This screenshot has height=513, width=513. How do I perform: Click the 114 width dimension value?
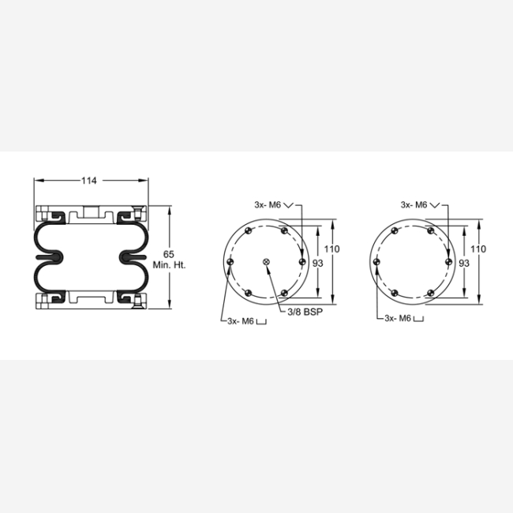(89, 181)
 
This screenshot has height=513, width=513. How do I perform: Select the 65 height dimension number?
(168, 254)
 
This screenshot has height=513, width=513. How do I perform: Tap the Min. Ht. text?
(169, 265)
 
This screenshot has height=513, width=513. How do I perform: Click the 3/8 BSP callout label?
(305, 312)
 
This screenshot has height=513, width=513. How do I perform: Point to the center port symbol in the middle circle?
(266, 262)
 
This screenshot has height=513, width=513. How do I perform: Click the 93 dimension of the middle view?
(318, 263)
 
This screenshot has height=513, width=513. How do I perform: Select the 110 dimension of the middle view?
(331, 249)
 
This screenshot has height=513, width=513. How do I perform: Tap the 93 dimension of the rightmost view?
(464, 263)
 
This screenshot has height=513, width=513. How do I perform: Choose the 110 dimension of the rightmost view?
(478, 249)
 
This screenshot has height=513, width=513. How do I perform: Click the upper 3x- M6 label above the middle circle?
(268, 205)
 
